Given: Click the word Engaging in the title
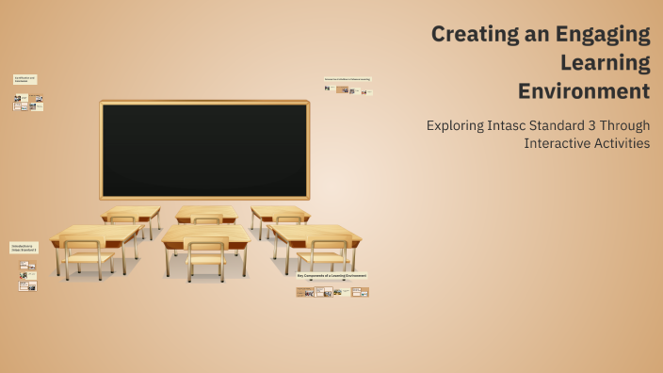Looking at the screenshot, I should tap(603, 35).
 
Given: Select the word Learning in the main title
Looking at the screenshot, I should tap(605, 63).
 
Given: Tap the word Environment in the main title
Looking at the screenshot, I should tap(584, 91).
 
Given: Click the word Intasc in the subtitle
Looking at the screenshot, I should tap(521, 124).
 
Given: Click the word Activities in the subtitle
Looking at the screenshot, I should tap(623, 143).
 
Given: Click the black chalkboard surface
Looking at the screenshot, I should tap(204, 149).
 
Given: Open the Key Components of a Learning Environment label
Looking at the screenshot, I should tap(331, 276).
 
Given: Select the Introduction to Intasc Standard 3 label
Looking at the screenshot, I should tap(24, 248).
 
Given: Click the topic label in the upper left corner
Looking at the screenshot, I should tap(24, 80).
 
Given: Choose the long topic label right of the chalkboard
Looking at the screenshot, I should tap(348, 79).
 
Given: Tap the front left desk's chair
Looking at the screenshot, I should tap(84, 256).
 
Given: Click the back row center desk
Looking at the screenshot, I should tap(205, 213).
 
